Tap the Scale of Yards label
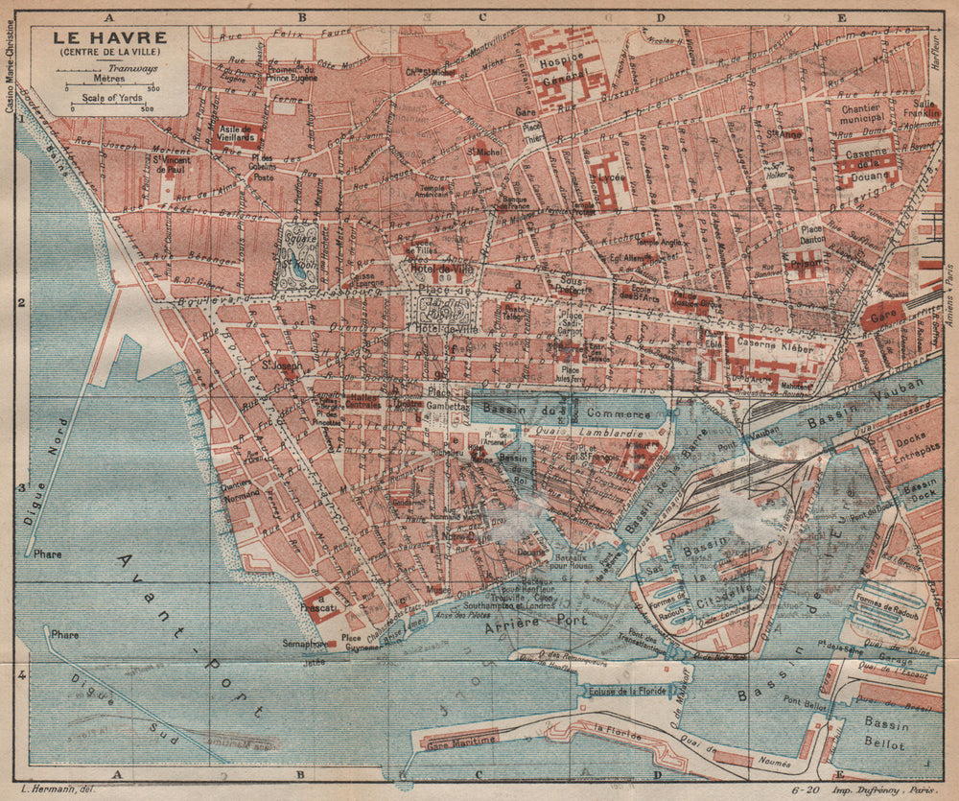pos(108,97)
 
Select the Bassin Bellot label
pos(884,733)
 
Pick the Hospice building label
pos(560,57)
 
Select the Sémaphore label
pos(305,643)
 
